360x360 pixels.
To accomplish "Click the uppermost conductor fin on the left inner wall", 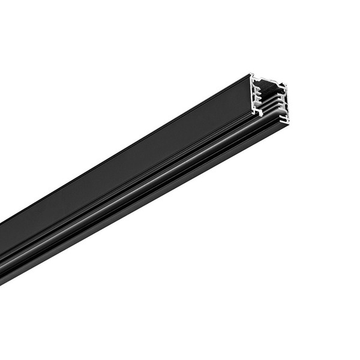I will tap(257, 88).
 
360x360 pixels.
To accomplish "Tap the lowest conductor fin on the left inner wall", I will tap(259, 101).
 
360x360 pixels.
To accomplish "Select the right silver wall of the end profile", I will tap(286, 102).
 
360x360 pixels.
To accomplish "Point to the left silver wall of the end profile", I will tap(253, 93).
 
